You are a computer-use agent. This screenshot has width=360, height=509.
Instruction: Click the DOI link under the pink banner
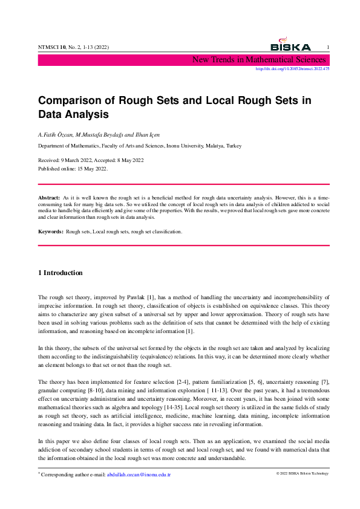(292, 69)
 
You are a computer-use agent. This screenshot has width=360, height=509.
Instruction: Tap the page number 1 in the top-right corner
(327, 47)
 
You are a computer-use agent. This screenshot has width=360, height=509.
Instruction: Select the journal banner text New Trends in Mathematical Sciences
(259, 59)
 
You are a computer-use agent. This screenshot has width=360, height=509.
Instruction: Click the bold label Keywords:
(51, 232)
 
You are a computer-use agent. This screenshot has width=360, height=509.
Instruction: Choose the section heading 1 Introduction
(61, 273)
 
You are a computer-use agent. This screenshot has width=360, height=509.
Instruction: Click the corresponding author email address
(139, 475)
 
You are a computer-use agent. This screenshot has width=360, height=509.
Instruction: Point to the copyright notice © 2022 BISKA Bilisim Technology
(302, 473)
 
